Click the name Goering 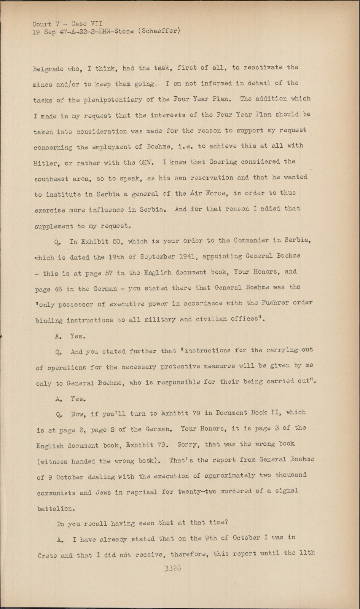click(222, 162)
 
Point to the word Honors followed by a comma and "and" click(264, 272)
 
